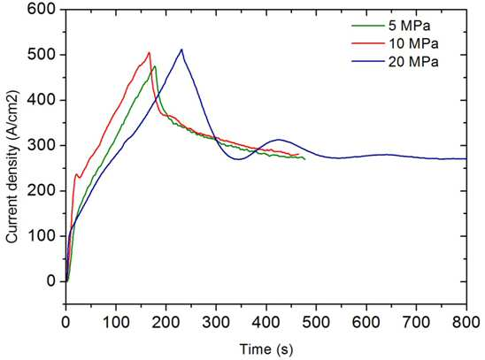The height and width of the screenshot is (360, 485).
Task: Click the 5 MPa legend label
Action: (x=409, y=26)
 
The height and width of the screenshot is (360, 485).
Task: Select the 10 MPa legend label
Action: (x=413, y=44)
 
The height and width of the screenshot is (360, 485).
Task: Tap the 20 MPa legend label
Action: (x=413, y=62)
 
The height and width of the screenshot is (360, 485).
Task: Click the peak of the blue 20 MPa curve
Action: (x=181, y=50)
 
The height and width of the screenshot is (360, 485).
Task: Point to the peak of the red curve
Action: (x=149, y=52)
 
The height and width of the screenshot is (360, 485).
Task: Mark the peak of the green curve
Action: (x=155, y=66)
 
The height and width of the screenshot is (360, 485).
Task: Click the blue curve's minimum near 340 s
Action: (x=237, y=159)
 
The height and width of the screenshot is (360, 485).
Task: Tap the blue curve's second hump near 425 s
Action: (x=279, y=140)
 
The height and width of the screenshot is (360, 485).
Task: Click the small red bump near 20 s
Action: (x=76, y=174)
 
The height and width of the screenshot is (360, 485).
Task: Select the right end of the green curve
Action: (x=305, y=159)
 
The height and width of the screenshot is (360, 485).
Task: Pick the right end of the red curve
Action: (x=298, y=154)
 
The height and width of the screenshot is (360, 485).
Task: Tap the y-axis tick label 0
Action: (x=51, y=281)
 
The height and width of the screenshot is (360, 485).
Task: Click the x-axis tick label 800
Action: (x=466, y=322)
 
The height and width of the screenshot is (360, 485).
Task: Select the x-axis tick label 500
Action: (x=316, y=322)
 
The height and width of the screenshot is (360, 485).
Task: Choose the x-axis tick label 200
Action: (x=166, y=322)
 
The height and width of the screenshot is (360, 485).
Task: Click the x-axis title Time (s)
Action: (x=266, y=349)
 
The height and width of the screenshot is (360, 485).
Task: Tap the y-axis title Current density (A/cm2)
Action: (x=13, y=167)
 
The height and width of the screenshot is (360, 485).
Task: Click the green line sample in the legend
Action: (x=368, y=26)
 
